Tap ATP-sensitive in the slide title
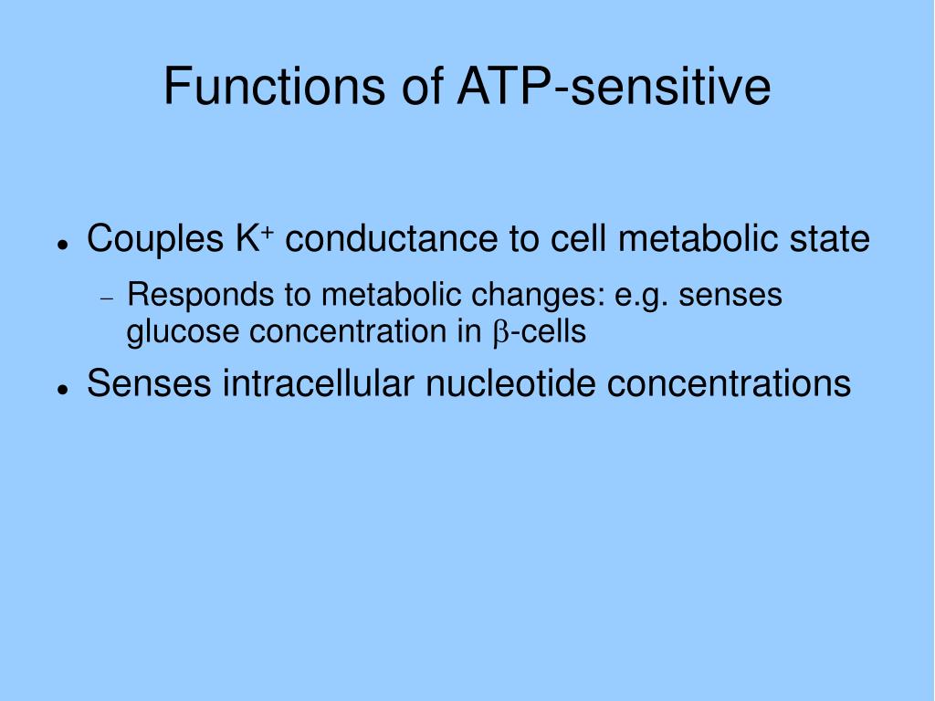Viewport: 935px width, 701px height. click(x=615, y=86)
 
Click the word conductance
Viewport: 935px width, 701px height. click(x=391, y=238)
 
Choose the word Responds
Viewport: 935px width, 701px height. click(x=200, y=296)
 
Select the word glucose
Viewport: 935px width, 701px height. click(x=183, y=332)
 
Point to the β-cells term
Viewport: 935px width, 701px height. click(x=540, y=331)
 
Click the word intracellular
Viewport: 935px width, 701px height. click(x=319, y=382)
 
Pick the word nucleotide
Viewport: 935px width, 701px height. click(x=510, y=382)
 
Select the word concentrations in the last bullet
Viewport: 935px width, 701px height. click(x=729, y=382)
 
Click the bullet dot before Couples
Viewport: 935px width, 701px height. click(x=61, y=244)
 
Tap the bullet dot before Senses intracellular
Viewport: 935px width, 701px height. click(x=61, y=388)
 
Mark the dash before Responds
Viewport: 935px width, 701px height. click(x=107, y=298)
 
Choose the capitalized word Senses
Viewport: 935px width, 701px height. click(x=149, y=382)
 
